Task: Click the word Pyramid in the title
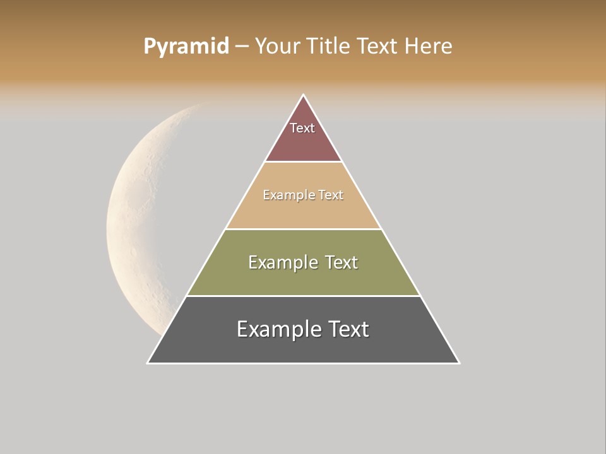click(186, 47)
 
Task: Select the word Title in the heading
click(330, 47)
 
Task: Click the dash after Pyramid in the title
click(242, 47)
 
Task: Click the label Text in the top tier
click(302, 128)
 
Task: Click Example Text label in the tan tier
click(303, 195)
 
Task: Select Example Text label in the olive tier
click(303, 262)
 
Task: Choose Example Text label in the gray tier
click(303, 329)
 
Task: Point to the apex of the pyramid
click(303, 95)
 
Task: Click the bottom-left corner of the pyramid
click(148, 363)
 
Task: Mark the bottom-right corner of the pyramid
click(459, 363)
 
